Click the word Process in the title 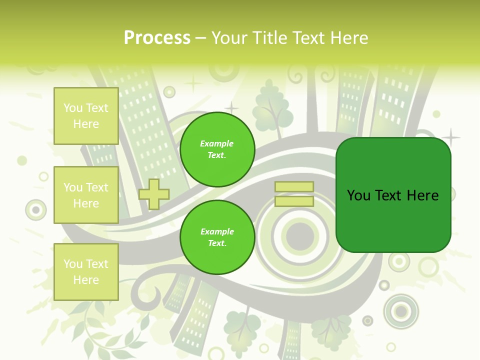tap(157, 38)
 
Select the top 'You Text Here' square tap(86, 116)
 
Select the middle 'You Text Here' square tap(86, 195)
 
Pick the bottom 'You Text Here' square tap(86, 272)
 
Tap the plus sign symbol tap(154, 194)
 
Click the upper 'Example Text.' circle tap(217, 149)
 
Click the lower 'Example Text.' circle tap(217, 237)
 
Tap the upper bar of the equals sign tap(294, 187)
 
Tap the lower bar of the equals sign tap(294, 201)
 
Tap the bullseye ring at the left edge tap(35, 210)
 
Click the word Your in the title tap(230, 38)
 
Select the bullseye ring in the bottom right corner tap(401, 311)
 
